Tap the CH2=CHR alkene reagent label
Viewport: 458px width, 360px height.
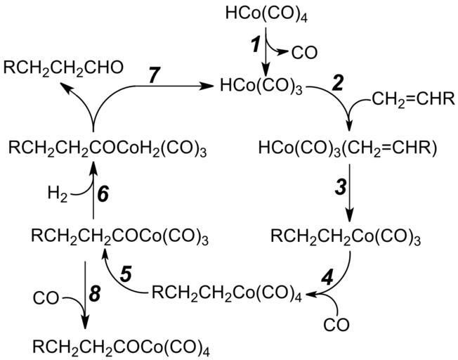(x=414, y=105)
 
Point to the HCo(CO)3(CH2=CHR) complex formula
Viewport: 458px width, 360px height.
(x=348, y=149)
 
